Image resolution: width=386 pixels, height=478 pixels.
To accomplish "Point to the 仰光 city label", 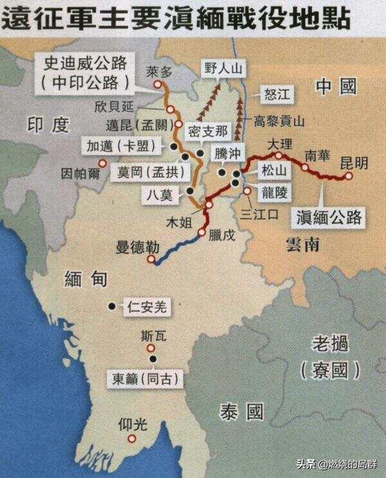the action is coord(133,425).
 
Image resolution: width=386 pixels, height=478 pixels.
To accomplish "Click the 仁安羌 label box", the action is coord(147,308).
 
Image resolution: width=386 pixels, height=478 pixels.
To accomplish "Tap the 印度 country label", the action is coord(48,124).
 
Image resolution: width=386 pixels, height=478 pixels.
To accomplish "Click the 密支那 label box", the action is coord(207,131).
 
